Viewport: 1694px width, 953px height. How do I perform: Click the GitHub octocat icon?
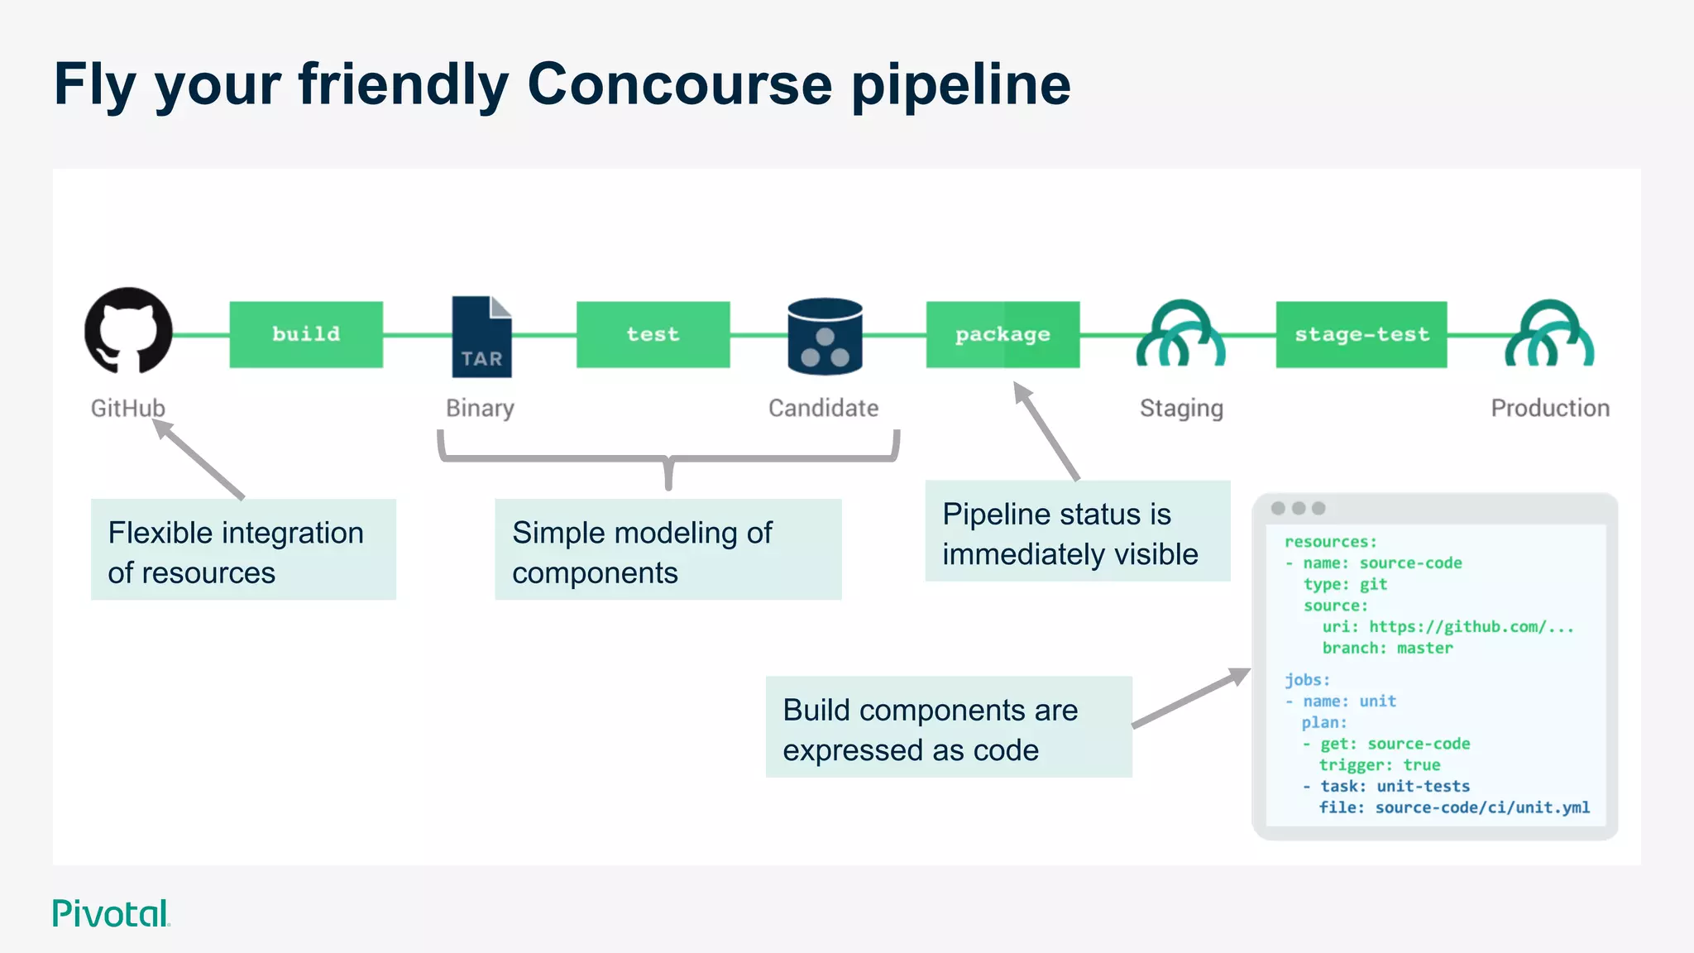[128, 331]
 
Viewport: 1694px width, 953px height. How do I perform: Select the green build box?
[306, 334]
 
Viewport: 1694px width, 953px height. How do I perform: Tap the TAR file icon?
[481, 337]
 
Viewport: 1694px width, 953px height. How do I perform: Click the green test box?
[653, 334]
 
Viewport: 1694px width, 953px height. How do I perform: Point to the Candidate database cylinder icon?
[825, 336]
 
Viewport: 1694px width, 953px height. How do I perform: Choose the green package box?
[1003, 334]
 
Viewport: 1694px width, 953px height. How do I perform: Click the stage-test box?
[1361, 334]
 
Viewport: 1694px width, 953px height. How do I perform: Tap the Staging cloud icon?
[1180, 334]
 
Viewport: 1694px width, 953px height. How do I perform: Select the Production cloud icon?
[1548, 334]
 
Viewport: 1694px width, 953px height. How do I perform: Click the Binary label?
[480, 408]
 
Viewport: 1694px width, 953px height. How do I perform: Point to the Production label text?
[1549, 408]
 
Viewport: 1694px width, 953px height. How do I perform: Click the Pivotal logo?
[111, 913]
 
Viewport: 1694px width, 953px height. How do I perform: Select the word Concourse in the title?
[679, 84]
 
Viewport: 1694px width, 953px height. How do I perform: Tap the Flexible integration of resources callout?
[243, 549]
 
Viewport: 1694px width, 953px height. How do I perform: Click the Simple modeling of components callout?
[668, 549]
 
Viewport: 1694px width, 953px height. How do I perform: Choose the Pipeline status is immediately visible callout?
[1077, 531]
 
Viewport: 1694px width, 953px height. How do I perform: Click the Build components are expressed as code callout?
[948, 727]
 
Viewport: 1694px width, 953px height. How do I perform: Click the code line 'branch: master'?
[1386, 648]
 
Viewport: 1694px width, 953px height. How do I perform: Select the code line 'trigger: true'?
[1379, 764]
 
